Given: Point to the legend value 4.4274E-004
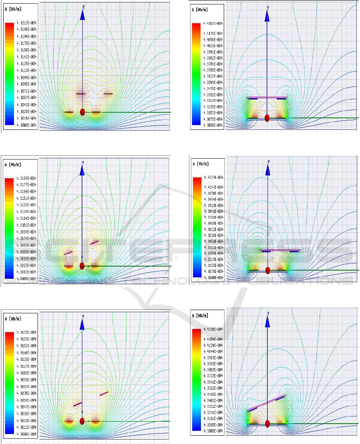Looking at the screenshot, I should click(x=214, y=177).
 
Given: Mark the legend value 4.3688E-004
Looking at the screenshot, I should click(x=214, y=223).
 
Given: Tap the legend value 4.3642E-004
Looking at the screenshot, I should click(x=214, y=382).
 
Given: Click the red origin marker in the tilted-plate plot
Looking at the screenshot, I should click(x=267, y=424).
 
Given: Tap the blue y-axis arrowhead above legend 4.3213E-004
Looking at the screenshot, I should click(x=82, y=14).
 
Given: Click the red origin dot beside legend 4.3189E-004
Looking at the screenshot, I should click(x=82, y=266).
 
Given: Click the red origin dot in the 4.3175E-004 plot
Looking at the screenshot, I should click(x=82, y=421).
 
